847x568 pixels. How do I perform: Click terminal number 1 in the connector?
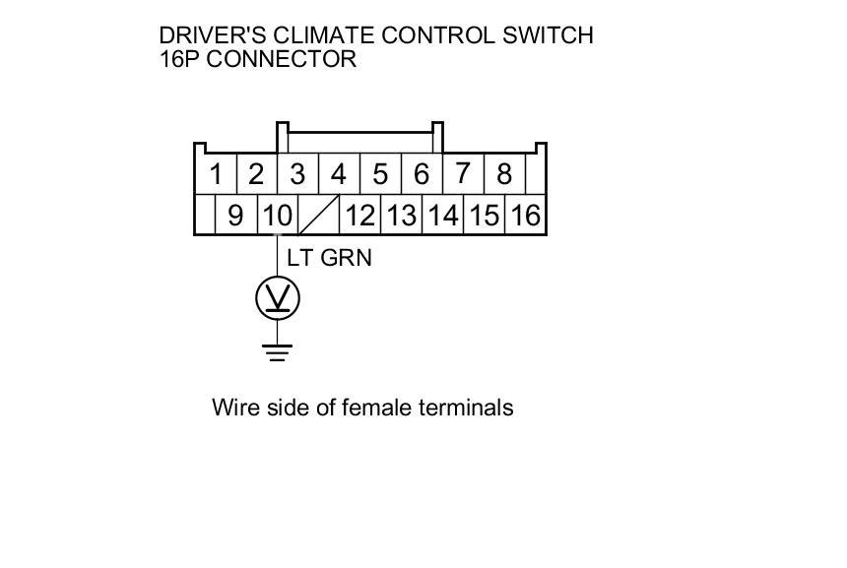tap(216, 175)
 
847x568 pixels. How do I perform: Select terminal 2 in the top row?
tap(257, 175)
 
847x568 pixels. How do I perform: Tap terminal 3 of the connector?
tap(297, 175)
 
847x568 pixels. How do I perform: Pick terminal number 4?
tap(339, 175)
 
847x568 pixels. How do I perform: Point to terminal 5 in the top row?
tap(380, 175)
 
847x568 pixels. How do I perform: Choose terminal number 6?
tap(422, 175)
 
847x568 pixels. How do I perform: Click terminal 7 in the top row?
tap(462, 175)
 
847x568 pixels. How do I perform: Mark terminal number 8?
tap(504, 175)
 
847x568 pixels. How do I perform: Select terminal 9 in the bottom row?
tap(235, 215)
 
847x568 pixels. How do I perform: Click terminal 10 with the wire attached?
tap(278, 215)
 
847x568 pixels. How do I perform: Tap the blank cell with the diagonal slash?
tap(319, 215)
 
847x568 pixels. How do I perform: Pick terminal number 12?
tap(360, 215)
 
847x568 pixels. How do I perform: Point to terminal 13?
tap(401, 215)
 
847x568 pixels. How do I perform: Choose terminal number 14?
tap(442, 215)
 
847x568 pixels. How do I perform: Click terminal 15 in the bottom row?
tap(484, 215)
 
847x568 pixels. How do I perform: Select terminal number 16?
tap(526, 215)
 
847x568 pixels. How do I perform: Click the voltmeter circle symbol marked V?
tap(278, 297)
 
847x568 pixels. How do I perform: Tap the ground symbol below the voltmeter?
tap(278, 351)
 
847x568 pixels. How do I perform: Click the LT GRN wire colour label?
tap(329, 258)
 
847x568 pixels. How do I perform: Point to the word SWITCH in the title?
tap(545, 36)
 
